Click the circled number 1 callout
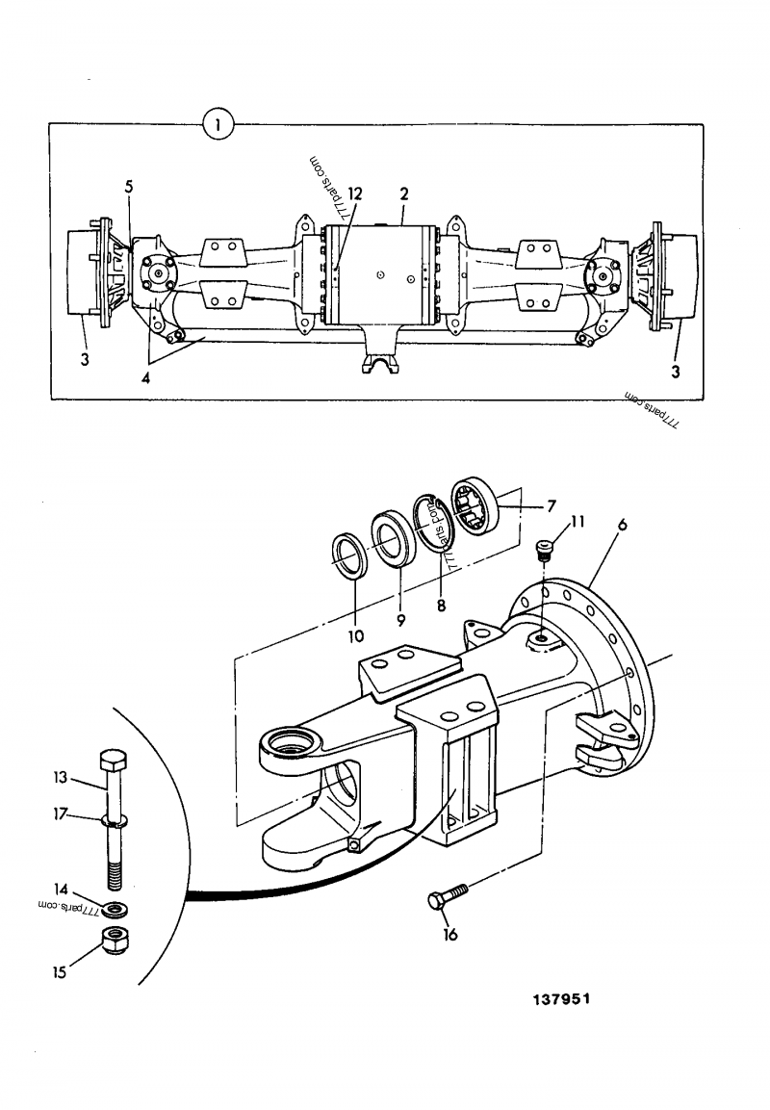(219, 124)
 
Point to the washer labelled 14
(116, 908)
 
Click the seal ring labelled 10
(349, 557)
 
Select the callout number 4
(146, 378)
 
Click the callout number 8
(441, 607)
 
